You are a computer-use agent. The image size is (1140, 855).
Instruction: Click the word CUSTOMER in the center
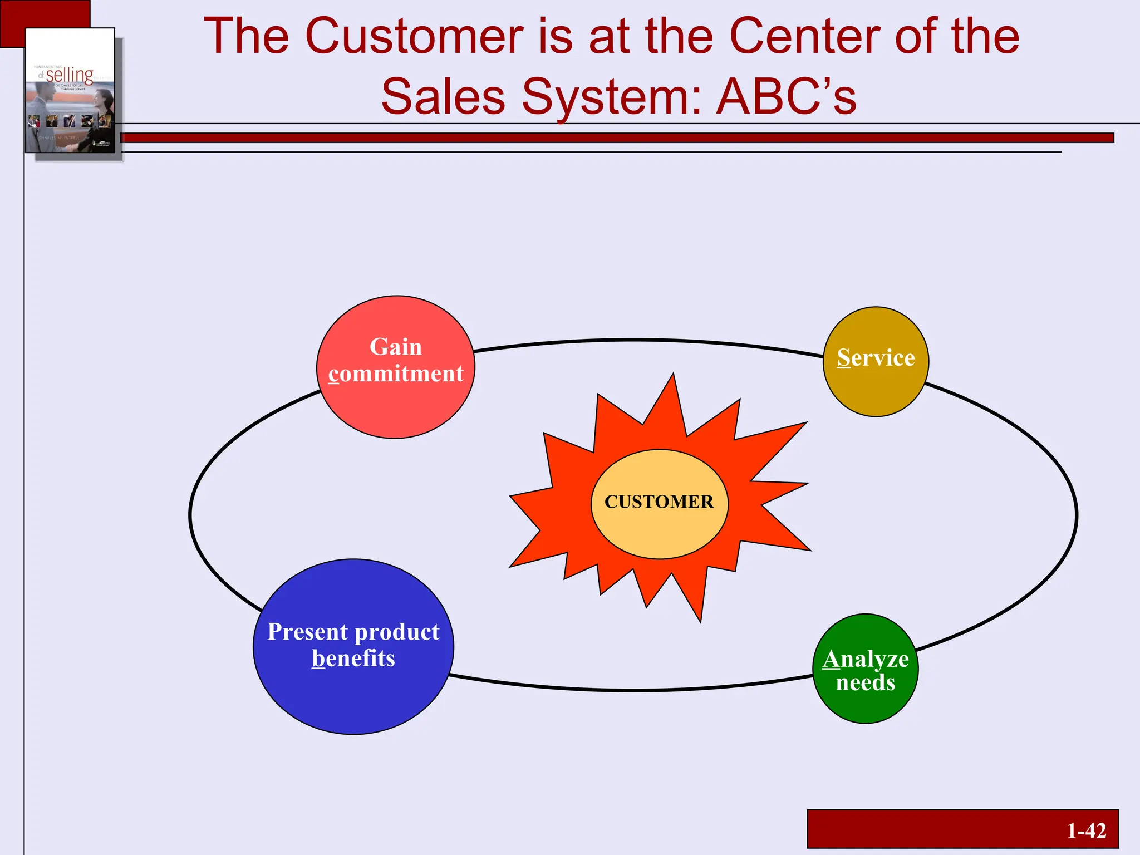659,502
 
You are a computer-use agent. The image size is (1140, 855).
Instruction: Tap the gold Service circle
876,384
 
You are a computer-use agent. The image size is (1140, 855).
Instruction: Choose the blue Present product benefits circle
353,696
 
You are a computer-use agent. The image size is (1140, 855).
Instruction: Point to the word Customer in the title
414,36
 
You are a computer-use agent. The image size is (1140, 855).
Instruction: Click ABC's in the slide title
786,97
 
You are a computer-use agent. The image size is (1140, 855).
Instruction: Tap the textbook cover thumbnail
70,91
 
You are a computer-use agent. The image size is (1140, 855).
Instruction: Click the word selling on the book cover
70,75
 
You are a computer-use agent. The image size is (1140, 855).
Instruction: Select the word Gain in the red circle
396,347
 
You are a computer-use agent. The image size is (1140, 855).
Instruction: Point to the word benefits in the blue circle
353,659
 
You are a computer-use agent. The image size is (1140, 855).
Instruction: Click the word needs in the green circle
866,682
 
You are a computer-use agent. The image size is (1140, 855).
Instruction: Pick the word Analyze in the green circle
866,659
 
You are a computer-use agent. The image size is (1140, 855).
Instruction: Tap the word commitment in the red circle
396,374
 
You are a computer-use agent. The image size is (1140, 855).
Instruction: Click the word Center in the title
804,36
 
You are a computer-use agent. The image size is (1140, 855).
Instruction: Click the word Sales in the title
443,97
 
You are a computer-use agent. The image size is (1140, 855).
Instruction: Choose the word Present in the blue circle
308,632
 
